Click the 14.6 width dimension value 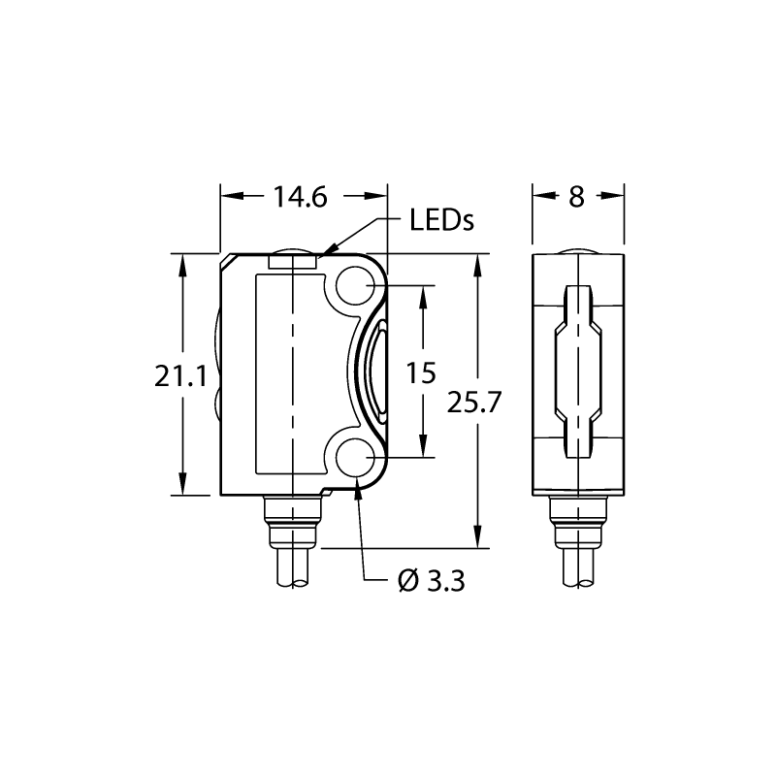(x=301, y=197)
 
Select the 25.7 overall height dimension (x=474, y=402)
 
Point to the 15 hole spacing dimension (x=421, y=372)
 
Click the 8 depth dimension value (x=576, y=197)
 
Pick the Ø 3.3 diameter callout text (x=431, y=581)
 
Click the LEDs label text (x=442, y=220)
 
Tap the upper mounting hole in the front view (x=355, y=285)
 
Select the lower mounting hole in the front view (x=355, y=458)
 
